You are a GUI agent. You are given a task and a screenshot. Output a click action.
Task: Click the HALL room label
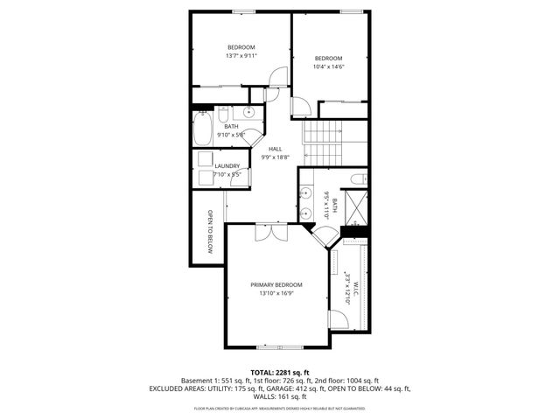(x=275, y=149)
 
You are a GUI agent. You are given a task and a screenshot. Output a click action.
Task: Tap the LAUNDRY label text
(x=227, y=165)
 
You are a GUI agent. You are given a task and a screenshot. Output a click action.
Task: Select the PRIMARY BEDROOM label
(x=276, y=285)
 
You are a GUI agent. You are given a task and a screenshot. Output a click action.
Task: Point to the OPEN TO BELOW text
(x=210, y=231)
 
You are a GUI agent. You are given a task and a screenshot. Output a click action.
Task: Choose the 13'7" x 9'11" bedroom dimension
(x=241, y=56)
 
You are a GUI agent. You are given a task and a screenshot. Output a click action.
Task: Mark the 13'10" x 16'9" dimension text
(x=276, y=294)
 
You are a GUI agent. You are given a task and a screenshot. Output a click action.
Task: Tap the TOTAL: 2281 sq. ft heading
(x=280, y=373)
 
